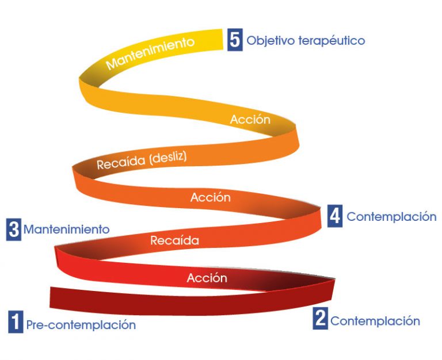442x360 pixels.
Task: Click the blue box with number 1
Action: click(x=16, y=322)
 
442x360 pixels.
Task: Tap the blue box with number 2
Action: click(x=320, y=319)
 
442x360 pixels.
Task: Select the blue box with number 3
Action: click(x=13, y=229)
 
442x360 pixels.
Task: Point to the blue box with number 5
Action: click(x=234, y=40)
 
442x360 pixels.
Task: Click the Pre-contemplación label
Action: click(x=81, y=325)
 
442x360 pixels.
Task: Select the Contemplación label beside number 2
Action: click(x=375, y=321)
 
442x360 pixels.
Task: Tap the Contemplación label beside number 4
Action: click(x=391, y=217)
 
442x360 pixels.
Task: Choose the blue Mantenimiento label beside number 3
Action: click(x=66, y=229)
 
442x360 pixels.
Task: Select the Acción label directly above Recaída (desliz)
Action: click(x=250, y=120)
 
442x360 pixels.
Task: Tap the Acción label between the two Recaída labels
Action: click(x=211, y=197)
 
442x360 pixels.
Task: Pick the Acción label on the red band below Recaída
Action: click(x=207, y=278)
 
